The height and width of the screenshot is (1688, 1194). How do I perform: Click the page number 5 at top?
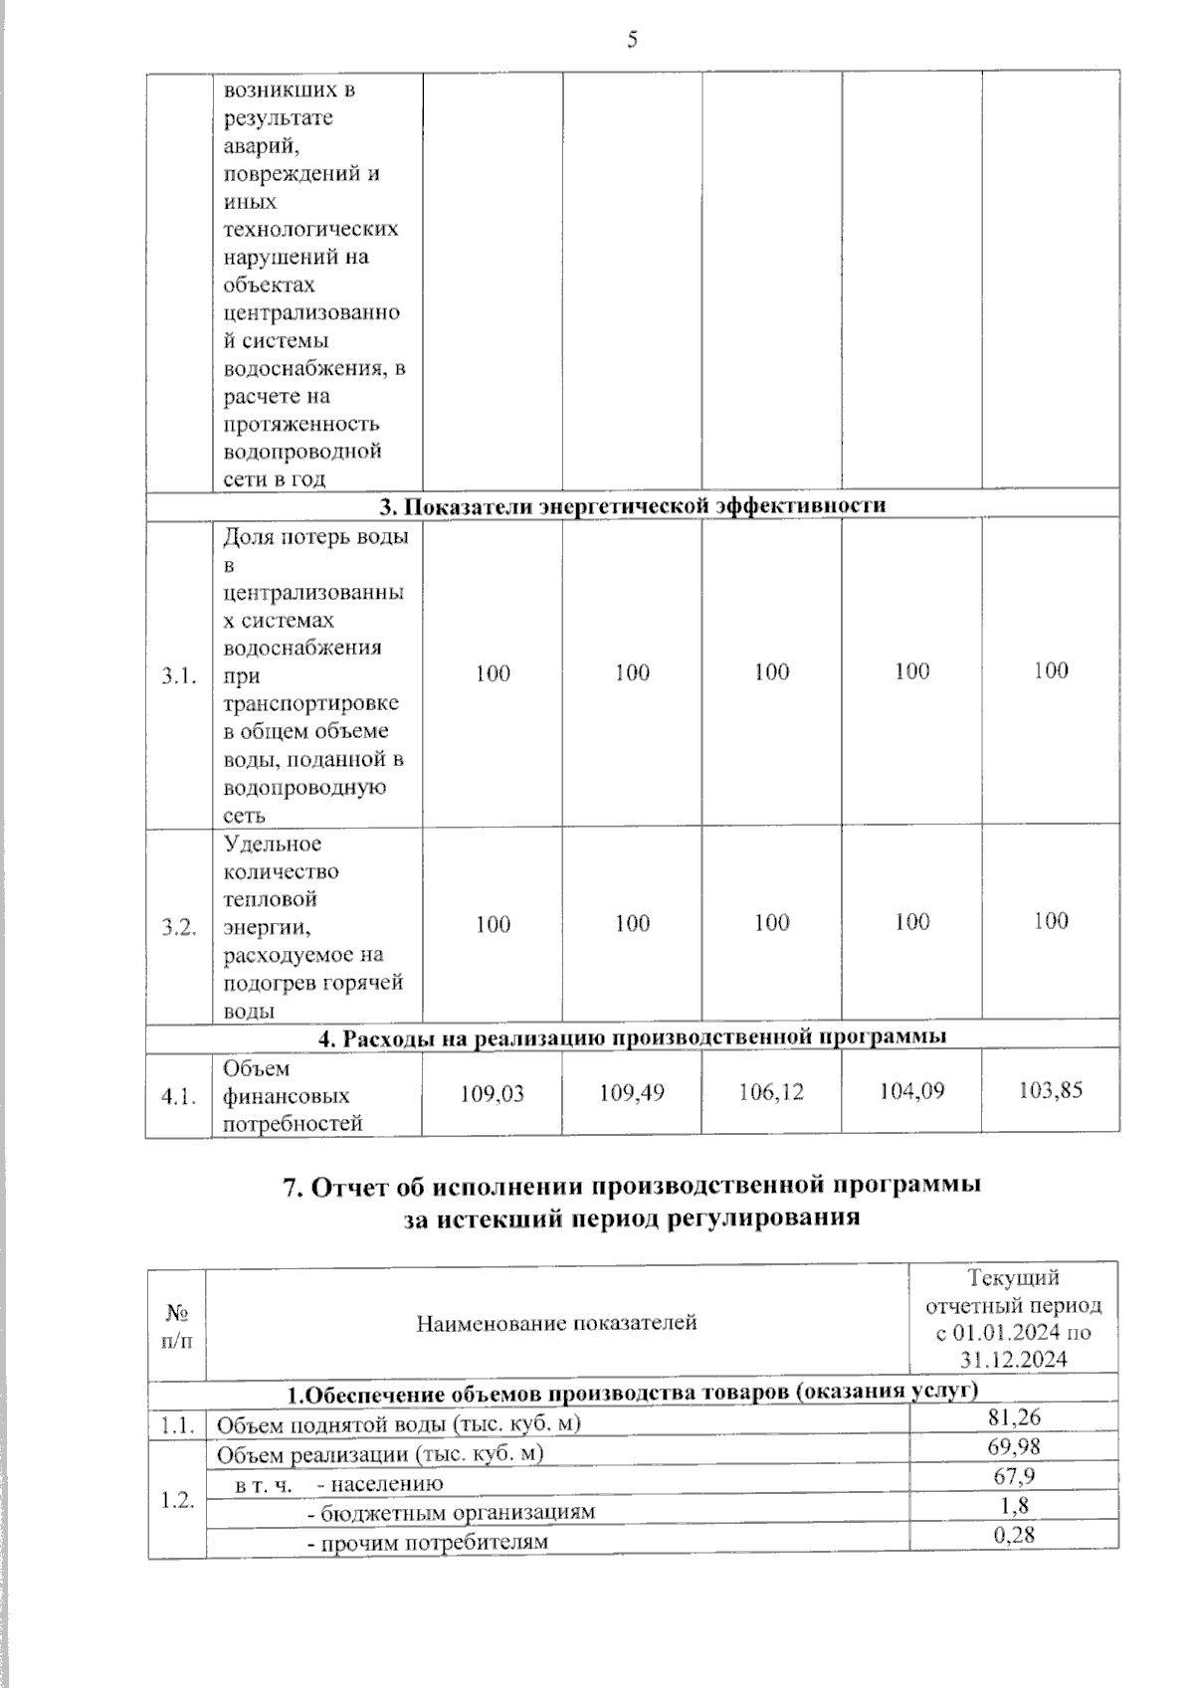coord(632,40)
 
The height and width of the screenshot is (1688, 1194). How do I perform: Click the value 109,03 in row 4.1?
coord(493,1093)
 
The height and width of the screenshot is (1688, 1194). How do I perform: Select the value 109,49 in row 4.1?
coord(632,1092)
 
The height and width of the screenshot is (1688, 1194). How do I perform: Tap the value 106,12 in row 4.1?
coord(771,1092)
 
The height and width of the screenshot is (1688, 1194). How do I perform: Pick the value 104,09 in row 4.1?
coord(911,1091)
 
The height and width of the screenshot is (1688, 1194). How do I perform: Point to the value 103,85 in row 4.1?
coord(1051,1090)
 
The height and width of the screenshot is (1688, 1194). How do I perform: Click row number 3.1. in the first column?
coord(179,676)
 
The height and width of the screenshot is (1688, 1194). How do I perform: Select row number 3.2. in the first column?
coord(179,927)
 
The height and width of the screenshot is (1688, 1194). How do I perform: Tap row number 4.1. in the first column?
coord(179,1096)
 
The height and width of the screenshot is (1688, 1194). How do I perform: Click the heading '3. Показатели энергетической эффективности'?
coord(633,505)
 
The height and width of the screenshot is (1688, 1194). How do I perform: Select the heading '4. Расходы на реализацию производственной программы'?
coord(633,1036)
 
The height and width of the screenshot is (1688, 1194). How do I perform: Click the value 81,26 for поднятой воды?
coord(1014,1416)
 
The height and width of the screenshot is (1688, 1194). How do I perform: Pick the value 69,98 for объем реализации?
coord(1014,1446)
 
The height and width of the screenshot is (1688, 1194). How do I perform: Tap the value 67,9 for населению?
coord(1014,1475)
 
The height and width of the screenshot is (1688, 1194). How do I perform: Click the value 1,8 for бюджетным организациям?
coord(1014,1505)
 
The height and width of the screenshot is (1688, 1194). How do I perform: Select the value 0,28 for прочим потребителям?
coord(1014,1535)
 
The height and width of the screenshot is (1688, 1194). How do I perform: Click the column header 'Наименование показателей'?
coord(556,1323)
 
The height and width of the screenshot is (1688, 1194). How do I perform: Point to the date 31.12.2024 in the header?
coord(1014,1360)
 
